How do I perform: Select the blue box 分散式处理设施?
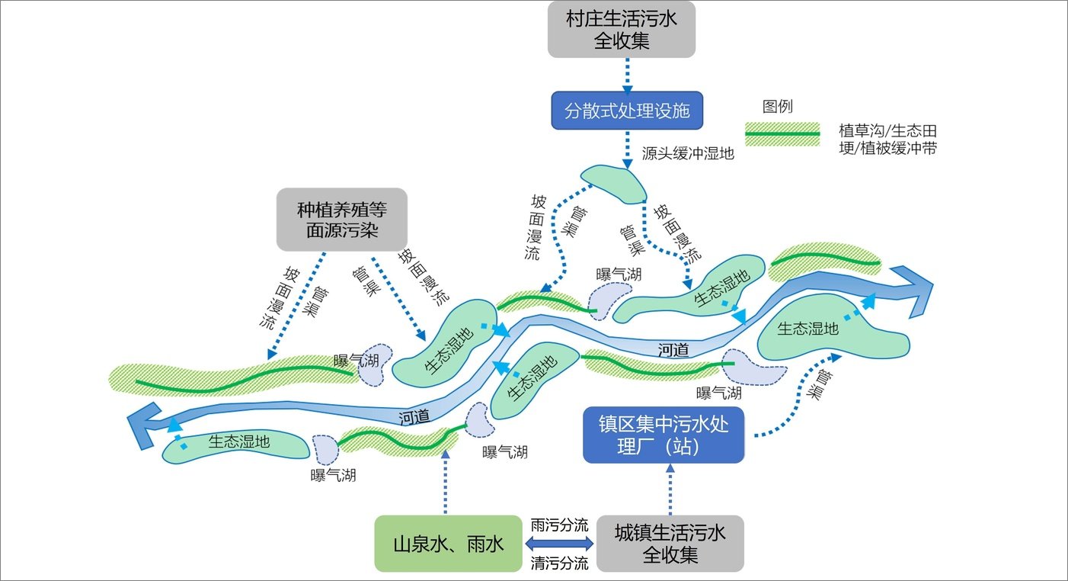coord(626,111)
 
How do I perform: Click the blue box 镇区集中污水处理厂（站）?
coord(663,435)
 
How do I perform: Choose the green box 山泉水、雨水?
coord(447,544)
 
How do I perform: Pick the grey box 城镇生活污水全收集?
coord(670,544)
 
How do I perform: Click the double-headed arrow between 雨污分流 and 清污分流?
coord(559,544)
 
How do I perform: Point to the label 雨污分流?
coord(559,525)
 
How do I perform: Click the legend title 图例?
coord(777,107)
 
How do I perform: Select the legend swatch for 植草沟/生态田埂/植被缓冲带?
coord(782,135)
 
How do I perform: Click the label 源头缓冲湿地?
coord(688,153)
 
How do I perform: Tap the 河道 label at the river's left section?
coord(414,416)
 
